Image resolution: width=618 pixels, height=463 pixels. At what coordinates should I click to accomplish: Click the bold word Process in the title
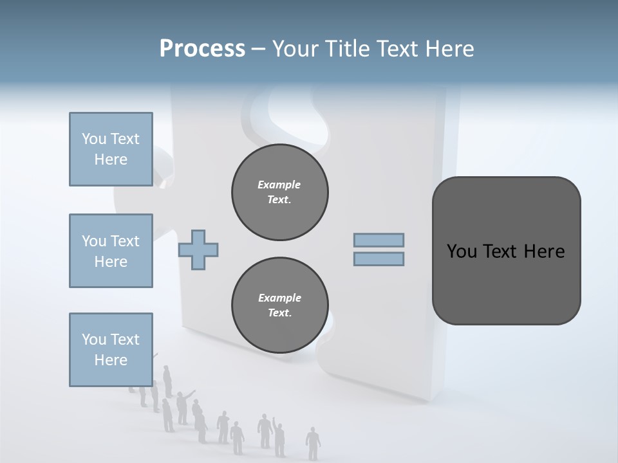point(202,49)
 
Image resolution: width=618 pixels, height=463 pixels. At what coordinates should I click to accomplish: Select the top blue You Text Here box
point(111,149)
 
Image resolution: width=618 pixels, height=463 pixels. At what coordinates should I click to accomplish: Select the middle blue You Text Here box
point(111,251)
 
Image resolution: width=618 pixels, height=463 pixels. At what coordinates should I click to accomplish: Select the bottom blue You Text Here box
point(111,350)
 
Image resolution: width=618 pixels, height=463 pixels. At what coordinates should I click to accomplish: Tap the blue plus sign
point(198,250)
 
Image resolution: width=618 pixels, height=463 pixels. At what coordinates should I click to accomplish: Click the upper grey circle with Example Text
point(279,192)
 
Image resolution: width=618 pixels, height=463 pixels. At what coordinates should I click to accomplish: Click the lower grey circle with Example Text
point(279,305)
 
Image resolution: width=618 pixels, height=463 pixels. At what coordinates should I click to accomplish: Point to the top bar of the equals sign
point(379,241)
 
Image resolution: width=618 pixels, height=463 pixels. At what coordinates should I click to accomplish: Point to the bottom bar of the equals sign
point(379,259)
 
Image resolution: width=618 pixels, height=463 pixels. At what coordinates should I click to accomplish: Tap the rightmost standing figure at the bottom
point(313,443)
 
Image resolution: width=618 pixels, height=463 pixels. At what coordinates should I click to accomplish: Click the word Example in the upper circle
point(279,185)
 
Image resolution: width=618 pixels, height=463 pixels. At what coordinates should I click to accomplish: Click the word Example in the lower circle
point(279,298)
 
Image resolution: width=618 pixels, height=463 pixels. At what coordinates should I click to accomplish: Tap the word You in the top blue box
point(94,139)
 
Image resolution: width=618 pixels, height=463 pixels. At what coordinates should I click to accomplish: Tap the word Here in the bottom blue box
point(111,360)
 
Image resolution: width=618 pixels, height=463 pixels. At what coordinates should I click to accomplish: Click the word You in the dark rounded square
point(462,251)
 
